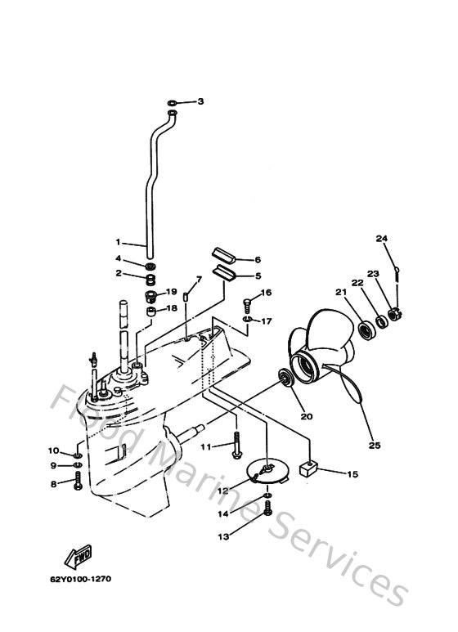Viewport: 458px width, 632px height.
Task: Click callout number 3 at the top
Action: click(200, 101)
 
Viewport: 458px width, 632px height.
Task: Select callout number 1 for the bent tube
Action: click(118, 242)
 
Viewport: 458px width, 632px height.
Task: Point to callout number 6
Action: click(257, 259)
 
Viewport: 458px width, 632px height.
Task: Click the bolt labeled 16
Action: click(247, 305)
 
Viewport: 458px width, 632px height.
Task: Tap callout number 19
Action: click(172, 292)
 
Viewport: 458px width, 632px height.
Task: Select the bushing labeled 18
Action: click(151, 312)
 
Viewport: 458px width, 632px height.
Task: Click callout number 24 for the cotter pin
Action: click(381, 239)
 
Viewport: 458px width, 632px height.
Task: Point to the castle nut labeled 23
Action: click(393, 313)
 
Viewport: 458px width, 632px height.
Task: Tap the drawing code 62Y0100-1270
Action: click(79, 579)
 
